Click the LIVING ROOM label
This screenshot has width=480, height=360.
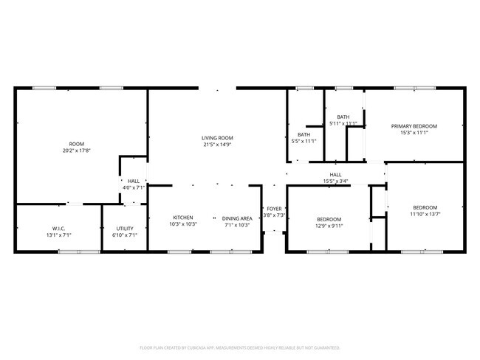(x=217, y=138)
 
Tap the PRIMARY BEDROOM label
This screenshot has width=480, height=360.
(x=414, y=126)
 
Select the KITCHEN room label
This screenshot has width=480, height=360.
(x=183, y=218)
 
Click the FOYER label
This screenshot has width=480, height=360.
(x=274, y=209)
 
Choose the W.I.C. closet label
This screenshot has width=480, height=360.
(x=59, y=229)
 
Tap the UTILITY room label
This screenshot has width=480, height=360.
(x=124, y=229)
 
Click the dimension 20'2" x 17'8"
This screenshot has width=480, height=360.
(x=77, y=150)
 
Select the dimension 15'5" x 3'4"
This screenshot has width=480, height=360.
(x=335, y=181)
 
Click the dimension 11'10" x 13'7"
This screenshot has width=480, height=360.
(x=425, y=214)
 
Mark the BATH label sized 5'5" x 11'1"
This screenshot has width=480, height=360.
(x=304, y=134)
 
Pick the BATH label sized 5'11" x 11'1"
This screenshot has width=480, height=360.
(x=343, y=117)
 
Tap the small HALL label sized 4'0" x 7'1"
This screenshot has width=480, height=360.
(x=134, y=181)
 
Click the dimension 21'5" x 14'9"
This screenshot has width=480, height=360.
(x=217, y=145)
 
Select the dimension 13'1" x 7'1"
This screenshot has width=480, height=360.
(x=59, y=235)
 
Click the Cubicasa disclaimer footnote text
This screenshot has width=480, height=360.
(x=240, y=347)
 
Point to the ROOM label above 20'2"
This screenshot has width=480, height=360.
(x=77, y=144)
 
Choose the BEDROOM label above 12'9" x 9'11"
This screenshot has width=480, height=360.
(x=329, y=219)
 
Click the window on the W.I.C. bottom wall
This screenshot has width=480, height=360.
(x=79, y=252)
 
